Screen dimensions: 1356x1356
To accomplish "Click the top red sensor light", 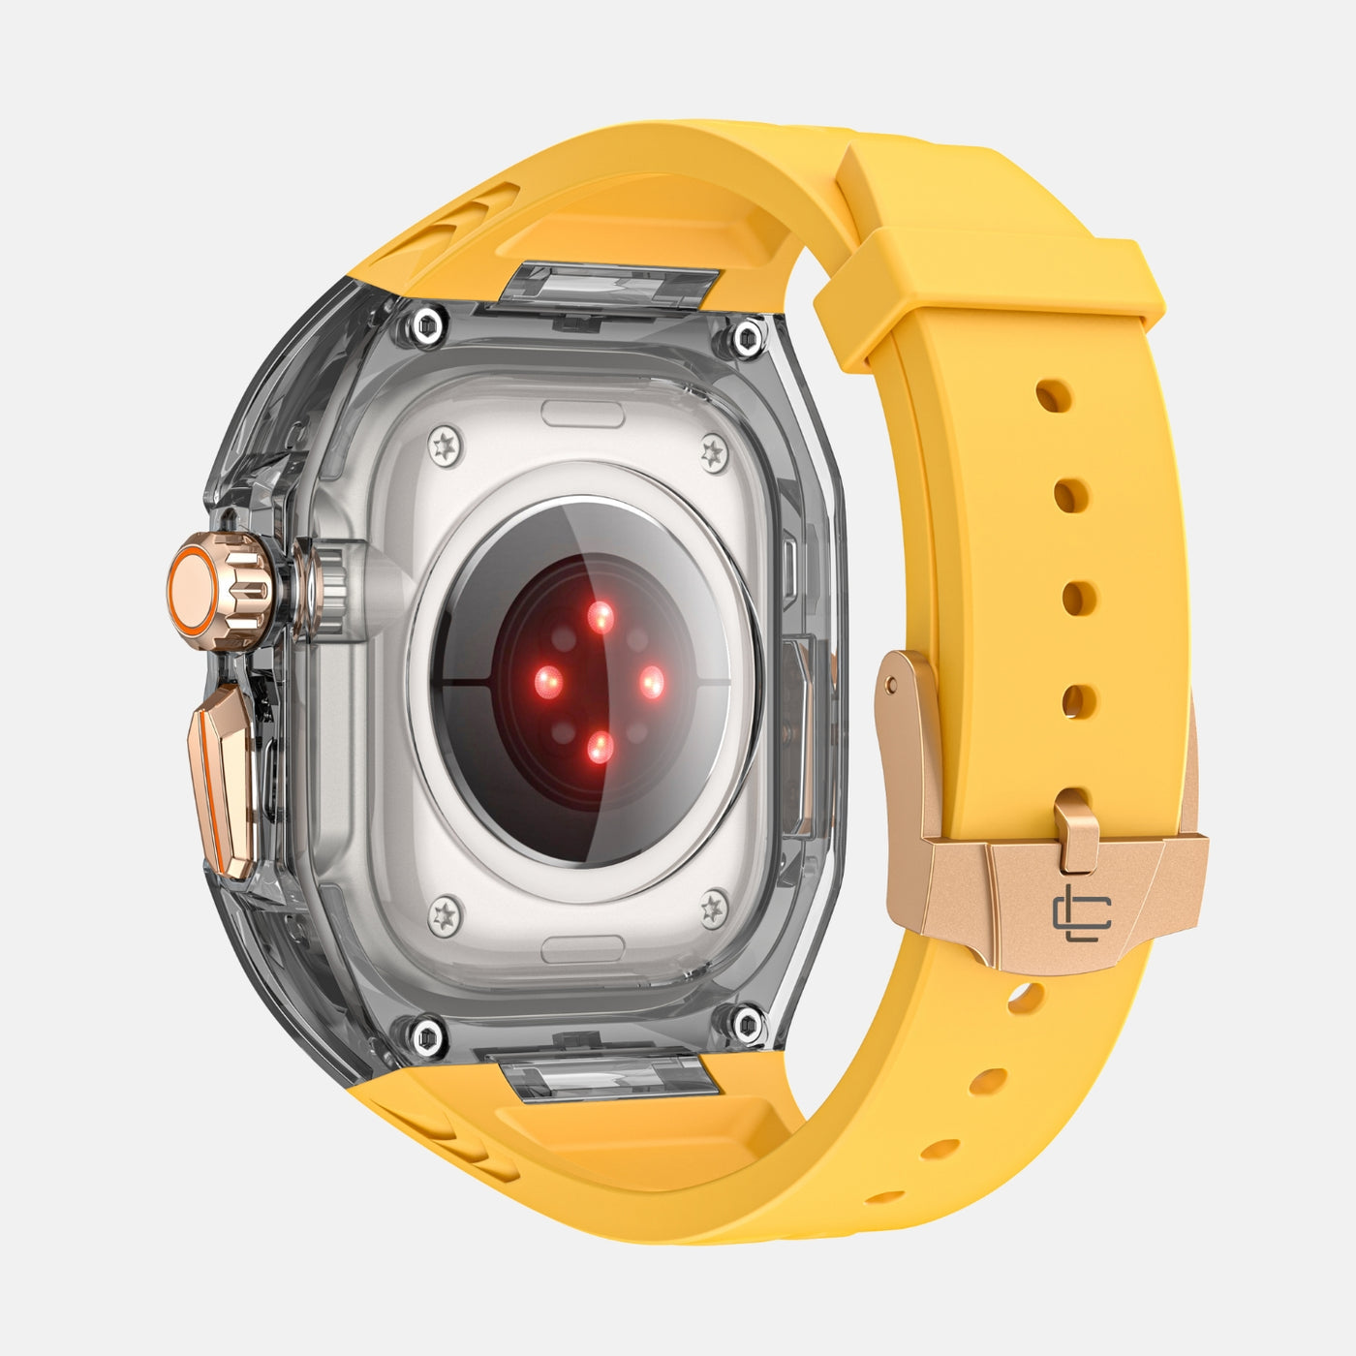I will [x=601, y=616].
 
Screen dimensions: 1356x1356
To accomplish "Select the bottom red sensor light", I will [x=600, y=746].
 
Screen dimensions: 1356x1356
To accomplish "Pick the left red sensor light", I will [x=548, y=682].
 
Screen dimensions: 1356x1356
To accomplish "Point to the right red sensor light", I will [x=652, y=682].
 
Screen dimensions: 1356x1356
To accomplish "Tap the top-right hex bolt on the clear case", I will [x=747, y=338].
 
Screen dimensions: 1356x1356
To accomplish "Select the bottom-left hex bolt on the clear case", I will [x=426, y=1036].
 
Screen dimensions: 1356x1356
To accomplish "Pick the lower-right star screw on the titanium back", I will [x=714, y=908].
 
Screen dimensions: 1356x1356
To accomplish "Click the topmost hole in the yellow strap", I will [x=1053, y=396].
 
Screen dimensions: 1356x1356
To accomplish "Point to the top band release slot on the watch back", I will [x=581, y=414].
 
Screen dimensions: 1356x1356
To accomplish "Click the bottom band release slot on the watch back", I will [x=581, y=948].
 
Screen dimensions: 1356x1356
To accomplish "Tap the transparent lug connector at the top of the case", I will [x=610, y=286].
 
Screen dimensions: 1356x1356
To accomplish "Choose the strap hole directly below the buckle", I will [x=1025, y=998].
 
